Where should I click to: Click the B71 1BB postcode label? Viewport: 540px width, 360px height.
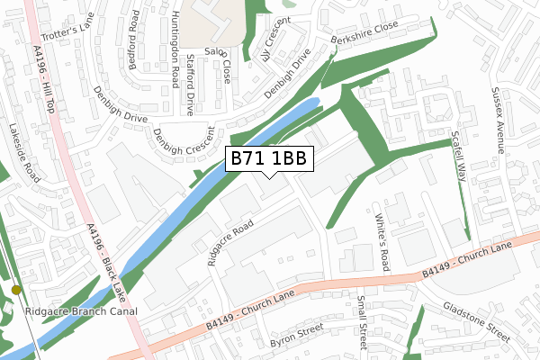pyautogui.click(x=269, y=158)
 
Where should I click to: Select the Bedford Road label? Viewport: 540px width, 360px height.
pyautogui.click(x=133, y=33)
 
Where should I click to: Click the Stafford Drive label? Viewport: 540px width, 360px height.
pyautogui.click(x=190, y=85)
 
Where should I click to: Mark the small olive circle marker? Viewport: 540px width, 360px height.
pyautogui.click(x=16, y=290)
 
